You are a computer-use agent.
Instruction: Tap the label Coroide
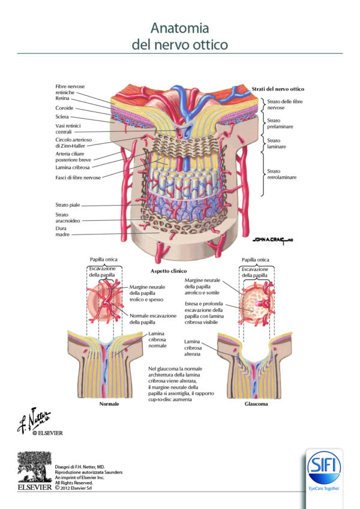(x=65, y=108)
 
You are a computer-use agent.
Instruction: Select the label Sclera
(x=62, y=117)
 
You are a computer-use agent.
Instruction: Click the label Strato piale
(x=68, y=205)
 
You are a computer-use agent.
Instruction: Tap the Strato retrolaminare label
(x=283, y=174)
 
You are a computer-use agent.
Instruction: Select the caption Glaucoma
(x=256, y=404)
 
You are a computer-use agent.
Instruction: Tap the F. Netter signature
(x=35, y=420)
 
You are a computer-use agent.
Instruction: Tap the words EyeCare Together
(x=323, y=489)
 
